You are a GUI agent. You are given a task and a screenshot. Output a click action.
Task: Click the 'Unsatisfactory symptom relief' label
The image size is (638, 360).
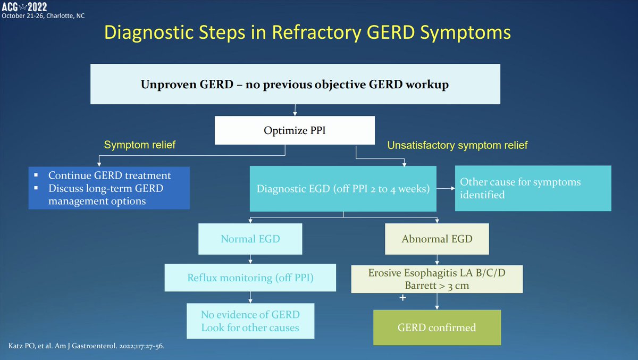457,145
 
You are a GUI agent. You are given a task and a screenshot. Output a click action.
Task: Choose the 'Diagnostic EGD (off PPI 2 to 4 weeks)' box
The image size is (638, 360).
343,188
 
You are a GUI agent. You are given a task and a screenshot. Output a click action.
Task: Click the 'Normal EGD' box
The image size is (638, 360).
250,239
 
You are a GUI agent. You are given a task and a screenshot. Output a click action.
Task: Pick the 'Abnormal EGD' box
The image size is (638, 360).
437,239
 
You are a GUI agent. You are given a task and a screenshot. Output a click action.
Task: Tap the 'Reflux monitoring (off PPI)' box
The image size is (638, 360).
250,278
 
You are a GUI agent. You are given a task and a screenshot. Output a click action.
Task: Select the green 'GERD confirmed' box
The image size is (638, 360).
437,327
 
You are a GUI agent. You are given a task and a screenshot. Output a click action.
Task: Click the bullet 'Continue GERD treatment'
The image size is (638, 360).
110,175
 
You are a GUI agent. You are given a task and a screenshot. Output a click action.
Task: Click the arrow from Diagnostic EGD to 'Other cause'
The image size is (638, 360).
446,188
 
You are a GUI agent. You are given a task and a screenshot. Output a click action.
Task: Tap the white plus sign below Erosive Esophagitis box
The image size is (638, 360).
402,298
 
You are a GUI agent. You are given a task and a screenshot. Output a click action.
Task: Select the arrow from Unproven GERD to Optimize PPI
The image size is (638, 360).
295,111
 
